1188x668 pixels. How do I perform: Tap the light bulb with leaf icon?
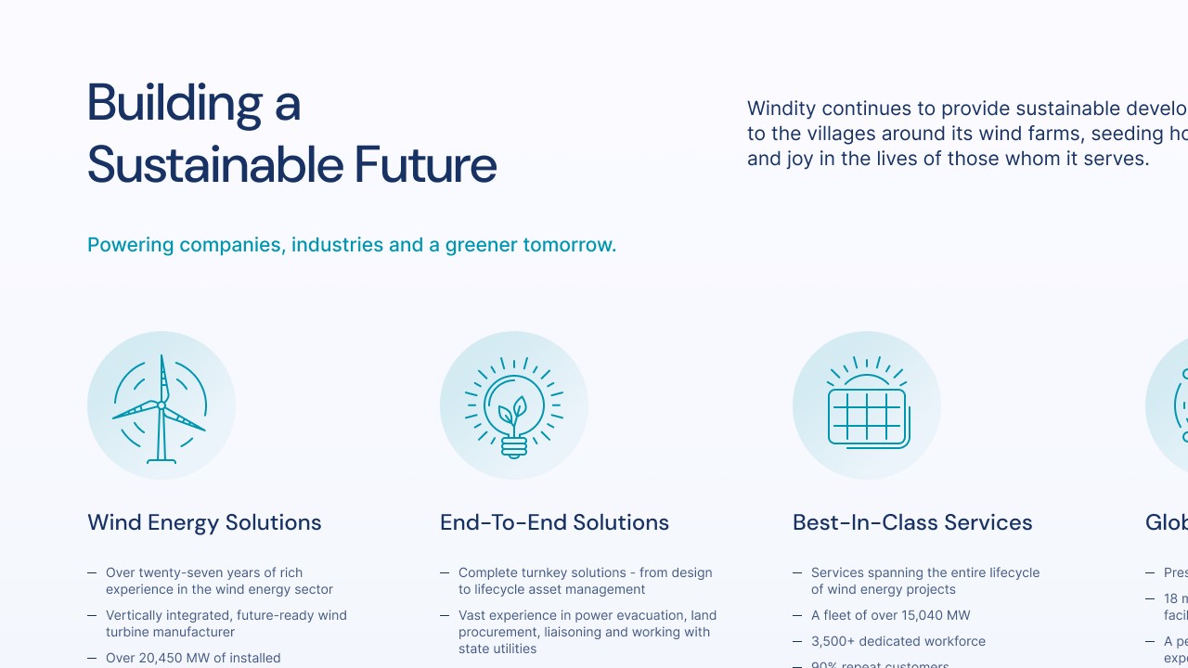(513, 408)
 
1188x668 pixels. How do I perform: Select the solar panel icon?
(867, 408)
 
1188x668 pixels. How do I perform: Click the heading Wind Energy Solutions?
(204, 522)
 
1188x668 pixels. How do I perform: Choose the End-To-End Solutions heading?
(554, 522)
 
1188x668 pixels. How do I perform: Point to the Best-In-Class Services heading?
(912, 522)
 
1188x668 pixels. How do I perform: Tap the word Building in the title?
(174, 102)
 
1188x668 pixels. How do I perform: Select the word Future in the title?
(426, 165)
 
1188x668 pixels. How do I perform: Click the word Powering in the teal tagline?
(130, 245)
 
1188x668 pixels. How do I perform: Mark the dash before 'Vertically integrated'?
(92, 615)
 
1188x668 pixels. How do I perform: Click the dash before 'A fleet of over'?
(797, 615)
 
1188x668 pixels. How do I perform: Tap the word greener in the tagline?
(481, 245)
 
